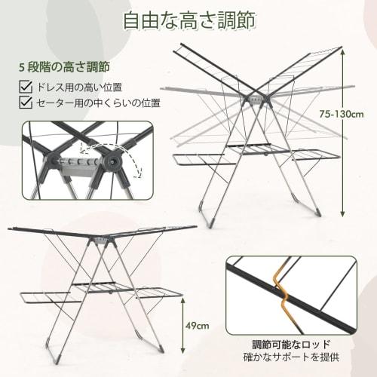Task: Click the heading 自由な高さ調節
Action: pos(188,20)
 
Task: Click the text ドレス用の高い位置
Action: pos(80,87)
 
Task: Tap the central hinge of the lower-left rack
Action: pos(101,240)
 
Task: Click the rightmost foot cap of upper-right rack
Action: pos(317,212)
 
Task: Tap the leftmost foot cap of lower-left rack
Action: pos(48,360)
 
